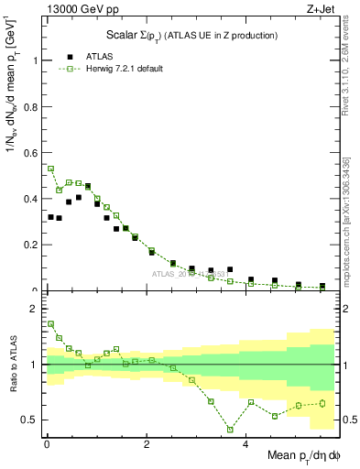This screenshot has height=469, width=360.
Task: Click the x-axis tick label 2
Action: [146, 444]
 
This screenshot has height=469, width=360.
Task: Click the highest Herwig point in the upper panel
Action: [50, 169]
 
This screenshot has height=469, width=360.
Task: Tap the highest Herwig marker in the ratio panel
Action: [50, 323]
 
